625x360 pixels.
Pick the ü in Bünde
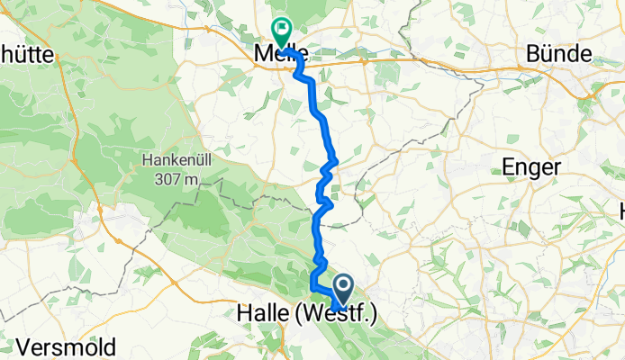543,53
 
